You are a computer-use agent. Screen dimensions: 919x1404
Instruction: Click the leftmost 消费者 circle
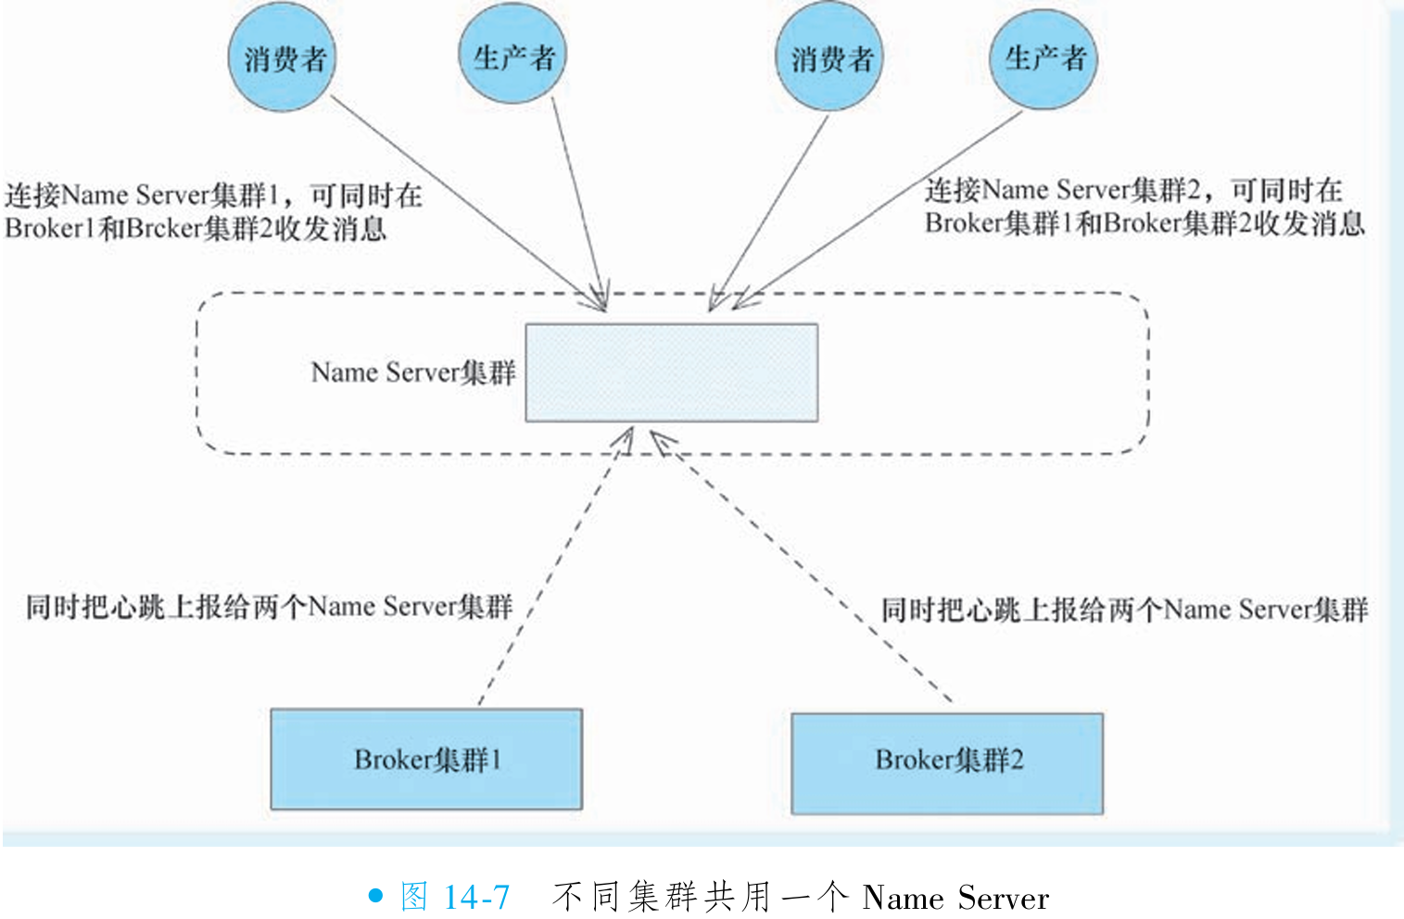tap(284, 58)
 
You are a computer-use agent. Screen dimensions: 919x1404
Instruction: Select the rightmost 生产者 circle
tap(1044, 58)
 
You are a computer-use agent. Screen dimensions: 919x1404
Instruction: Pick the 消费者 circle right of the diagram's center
tap(830, 58)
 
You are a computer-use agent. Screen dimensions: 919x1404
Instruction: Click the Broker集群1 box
tap(426, 760)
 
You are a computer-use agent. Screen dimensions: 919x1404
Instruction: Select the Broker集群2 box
tap(947, 762)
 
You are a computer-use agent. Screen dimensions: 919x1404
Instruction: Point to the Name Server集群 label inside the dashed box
tap(412, 372)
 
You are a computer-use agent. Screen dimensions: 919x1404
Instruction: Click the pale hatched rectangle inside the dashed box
tap(671, 372)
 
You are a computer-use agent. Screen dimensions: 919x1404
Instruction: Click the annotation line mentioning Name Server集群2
tap(1132, 190)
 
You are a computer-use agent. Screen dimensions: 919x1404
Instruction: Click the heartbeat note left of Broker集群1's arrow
tap(269, 607)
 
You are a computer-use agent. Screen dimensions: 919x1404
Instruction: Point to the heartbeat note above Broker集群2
tap(1123, 610)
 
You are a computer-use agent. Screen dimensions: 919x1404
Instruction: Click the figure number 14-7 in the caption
tap(476, 897)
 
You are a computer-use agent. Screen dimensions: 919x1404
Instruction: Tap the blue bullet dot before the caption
tap(375, 896)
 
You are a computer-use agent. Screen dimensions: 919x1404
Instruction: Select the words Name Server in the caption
tap(955, 898)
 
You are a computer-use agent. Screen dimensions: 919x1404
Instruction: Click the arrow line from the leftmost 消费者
tap(463, 199)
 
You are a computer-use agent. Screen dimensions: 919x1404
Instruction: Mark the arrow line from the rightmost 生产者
tap(880, 208)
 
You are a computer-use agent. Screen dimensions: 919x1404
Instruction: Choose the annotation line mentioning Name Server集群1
tap(213, 195)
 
